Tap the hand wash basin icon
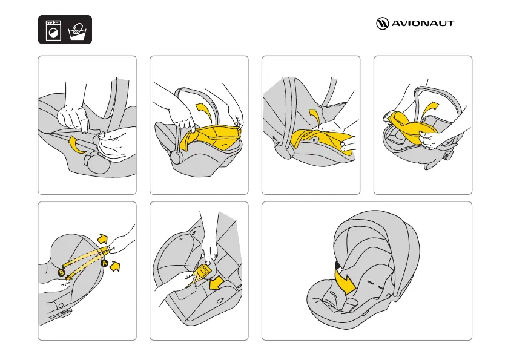[78, 31]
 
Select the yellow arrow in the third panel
[314, 116]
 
